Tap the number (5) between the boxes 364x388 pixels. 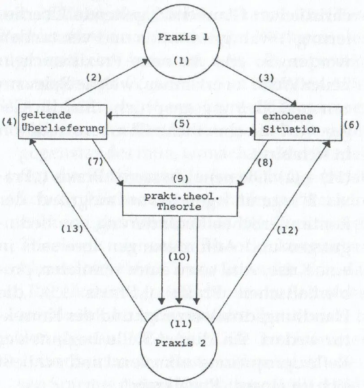pyautogui.click(x=181, y=122)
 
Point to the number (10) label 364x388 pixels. pyautogui.click(x=179, y=257)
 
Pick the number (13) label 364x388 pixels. pyautogui.click(x=72, y=228)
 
